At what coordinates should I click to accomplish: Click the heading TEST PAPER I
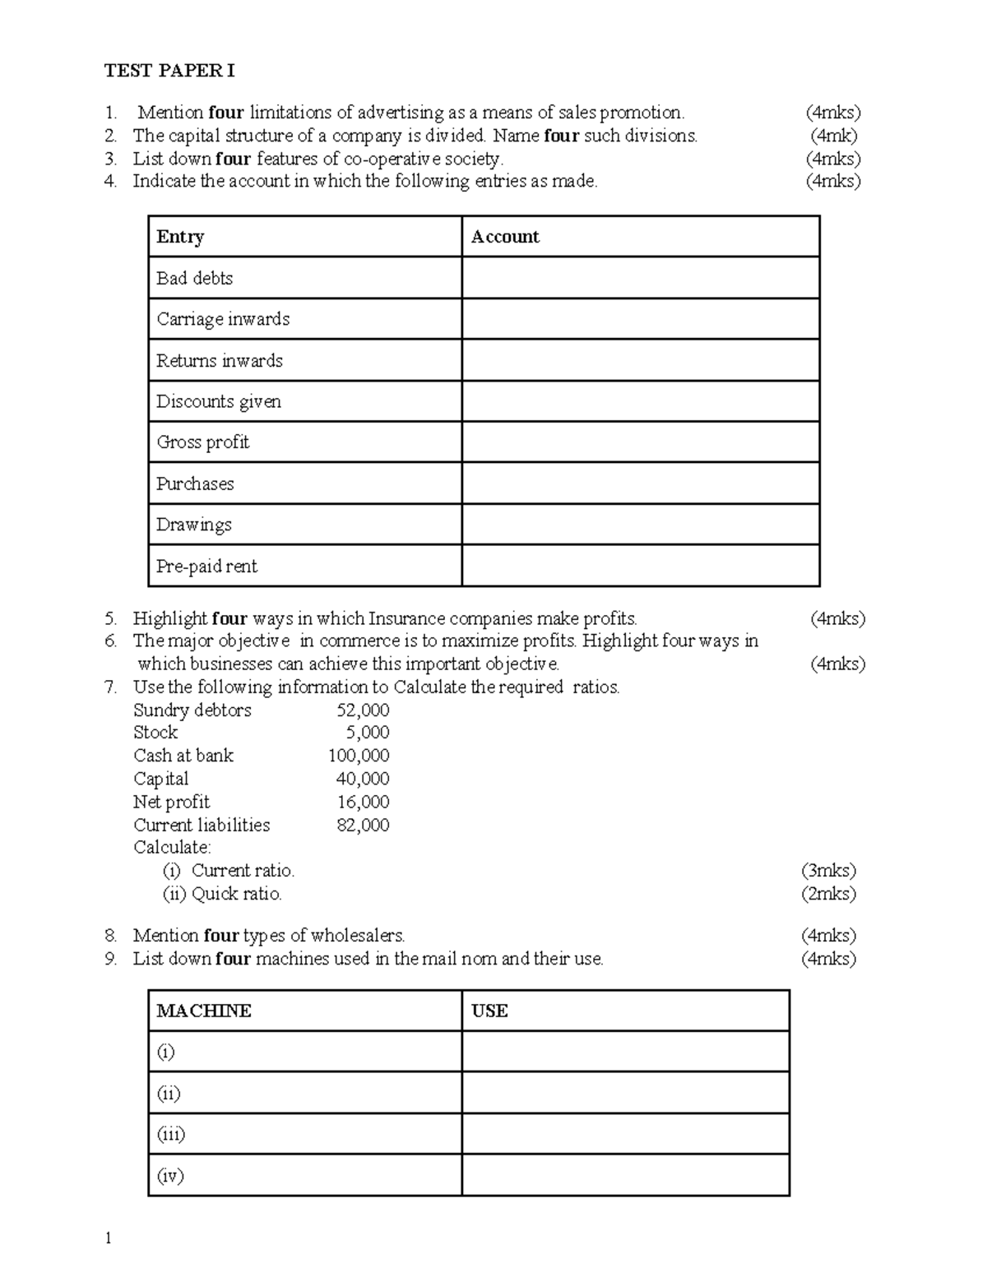tap(169, 71)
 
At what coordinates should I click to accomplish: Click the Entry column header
tap(180, 237)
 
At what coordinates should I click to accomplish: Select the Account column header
tap(505, 237)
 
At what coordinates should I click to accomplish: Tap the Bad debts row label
tap(195, 278)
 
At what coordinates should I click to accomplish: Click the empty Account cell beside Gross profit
tap(640, 442)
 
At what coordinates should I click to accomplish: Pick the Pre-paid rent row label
tap(206, 566)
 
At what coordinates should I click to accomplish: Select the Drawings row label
tap(194, 525)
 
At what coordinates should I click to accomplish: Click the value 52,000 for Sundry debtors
tap(363, 710)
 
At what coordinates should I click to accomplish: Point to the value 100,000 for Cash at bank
tap(359, 756)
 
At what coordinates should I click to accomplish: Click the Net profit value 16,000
tap(363, 802)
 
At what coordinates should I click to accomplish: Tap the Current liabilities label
tap(202, 825)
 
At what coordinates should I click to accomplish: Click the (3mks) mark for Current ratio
tap(828, 871)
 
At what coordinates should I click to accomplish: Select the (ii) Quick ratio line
tap(222, 894)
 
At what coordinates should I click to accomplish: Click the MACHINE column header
tap(204, 1011)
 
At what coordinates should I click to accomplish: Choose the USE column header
tap(489, 1011)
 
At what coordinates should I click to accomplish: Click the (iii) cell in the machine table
tap(171, 1134)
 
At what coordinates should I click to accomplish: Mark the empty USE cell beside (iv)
tap(625, 1175)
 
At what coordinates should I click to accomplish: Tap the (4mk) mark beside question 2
tap(834, 136)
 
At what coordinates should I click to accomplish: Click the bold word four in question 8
tap(220, 936)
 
